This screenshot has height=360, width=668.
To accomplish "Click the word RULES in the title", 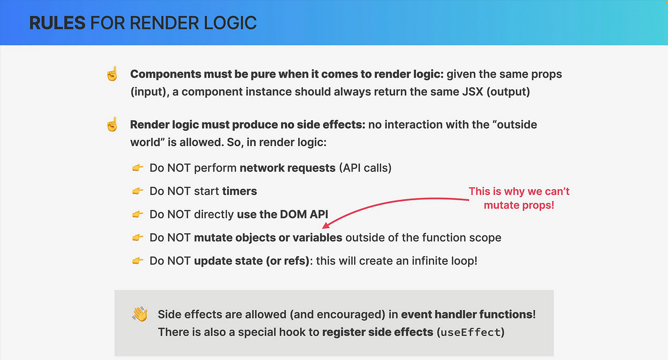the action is pos(57,23).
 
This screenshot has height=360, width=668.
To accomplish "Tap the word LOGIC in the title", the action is pos(230,23).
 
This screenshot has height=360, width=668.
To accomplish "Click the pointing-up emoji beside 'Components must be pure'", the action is pos(112,74).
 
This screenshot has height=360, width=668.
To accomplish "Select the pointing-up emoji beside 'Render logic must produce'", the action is pos(112,124).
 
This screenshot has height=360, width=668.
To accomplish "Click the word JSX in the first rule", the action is pos(473,92).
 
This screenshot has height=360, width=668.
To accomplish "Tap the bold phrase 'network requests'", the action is pos(287,168).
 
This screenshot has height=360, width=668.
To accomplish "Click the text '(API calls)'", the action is pos(365,168).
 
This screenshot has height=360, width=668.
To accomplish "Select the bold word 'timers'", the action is pos(240,191).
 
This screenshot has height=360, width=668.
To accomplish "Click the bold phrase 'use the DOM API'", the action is pos(282,214).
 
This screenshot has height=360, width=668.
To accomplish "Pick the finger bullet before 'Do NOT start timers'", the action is pos(138,191).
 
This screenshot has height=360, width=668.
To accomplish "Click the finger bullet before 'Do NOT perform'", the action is pos(138,167).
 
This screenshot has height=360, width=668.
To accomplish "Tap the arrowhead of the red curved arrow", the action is pos(325,226).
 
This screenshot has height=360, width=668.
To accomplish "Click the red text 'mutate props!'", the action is pos(519,206).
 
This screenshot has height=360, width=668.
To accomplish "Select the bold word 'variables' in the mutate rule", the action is pos(317,237).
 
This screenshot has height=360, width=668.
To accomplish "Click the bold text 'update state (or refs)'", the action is pos(252,261).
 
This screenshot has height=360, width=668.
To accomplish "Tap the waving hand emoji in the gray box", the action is pos(140,314).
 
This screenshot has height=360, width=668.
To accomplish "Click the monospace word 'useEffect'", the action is pos(470,332).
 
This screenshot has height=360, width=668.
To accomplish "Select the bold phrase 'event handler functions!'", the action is pos(468,314).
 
